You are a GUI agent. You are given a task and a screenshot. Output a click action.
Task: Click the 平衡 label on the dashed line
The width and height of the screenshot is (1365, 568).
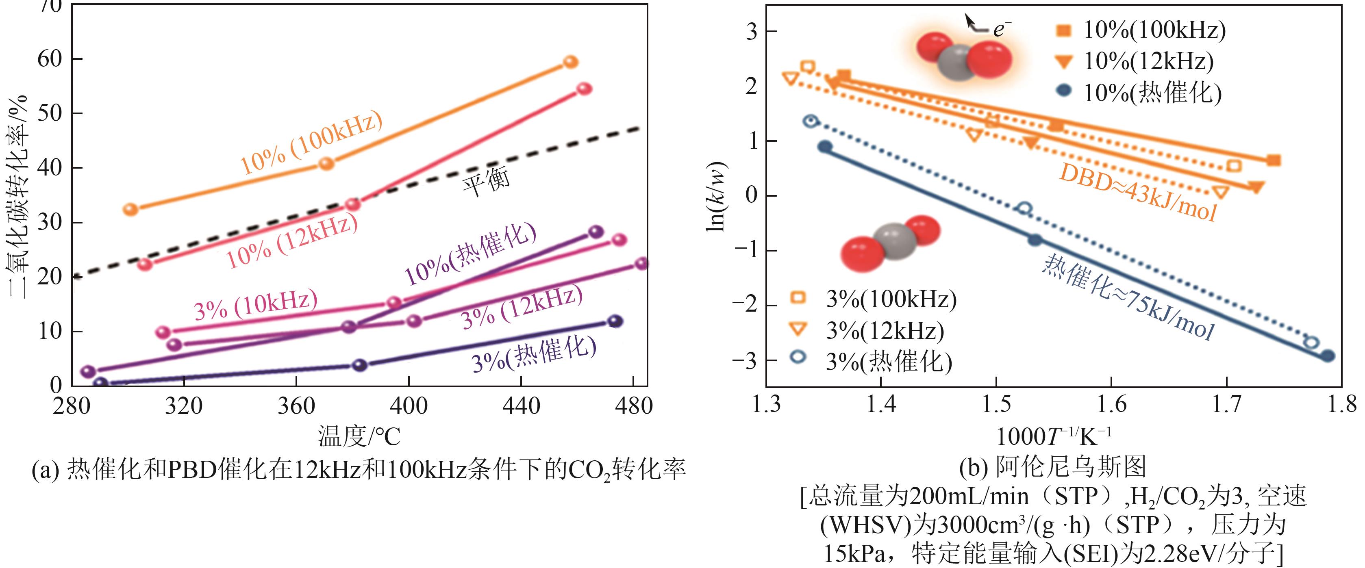(x=487, y=181)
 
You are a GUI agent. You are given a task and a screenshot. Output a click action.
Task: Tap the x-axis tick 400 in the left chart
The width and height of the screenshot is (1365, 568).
(x=409, y=406)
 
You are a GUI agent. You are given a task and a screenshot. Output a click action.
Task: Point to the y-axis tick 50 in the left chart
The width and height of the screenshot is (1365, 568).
(x=50, y=113)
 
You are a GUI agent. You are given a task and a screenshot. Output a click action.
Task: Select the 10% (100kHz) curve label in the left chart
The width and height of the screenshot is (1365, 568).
(x=311, y=143)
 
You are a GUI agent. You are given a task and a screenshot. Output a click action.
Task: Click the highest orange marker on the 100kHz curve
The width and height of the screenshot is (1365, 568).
(x=570, y=62)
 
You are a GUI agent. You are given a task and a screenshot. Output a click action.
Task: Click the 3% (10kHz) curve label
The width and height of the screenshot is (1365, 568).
(x=255, y=305)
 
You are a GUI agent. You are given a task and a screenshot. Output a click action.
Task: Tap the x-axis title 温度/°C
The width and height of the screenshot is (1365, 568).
(x=359, y=437)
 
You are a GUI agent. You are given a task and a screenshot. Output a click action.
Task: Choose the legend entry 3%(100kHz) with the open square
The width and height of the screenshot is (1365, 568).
(x=890, y=299)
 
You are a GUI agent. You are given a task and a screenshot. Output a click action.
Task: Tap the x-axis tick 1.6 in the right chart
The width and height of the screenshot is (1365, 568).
(x=1112, y=404)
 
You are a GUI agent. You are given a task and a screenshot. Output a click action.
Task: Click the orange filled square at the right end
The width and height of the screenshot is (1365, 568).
(x=1274, y=160)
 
